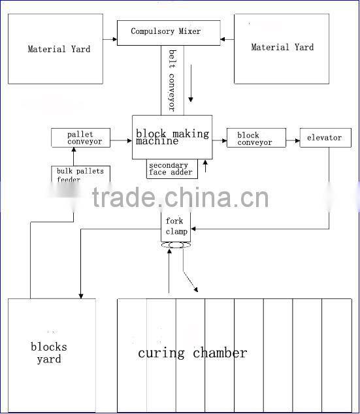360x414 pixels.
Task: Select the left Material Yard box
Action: tap(59, 50)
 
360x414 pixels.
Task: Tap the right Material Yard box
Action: tap(282, 48)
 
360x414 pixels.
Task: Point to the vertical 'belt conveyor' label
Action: tap(172, 80)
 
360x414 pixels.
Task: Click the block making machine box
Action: tap(172, 137)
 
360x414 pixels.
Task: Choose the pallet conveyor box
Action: tap(80, 138)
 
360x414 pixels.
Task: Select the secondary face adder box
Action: tap(171, 169)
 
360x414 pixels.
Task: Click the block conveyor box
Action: tap(256, 138)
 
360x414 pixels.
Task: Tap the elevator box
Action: tap(325, 138)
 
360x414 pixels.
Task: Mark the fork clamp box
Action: tap(176, 227)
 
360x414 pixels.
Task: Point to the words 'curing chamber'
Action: tap(192, 353)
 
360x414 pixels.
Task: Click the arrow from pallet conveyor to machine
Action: tap(120, 138)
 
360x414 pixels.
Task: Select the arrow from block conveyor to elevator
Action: tap(293, 138)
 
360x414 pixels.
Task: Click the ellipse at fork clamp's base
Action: tap(175, 246)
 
